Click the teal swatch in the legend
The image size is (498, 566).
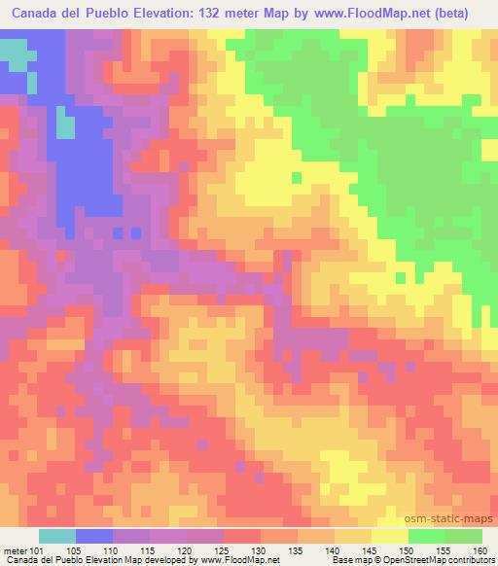(x=57, y=535)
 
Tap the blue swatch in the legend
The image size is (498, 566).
(x=94, y=535)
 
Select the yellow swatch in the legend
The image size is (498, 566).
(x=389, y=535)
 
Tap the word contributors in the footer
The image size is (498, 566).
(x=470, y=560)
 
